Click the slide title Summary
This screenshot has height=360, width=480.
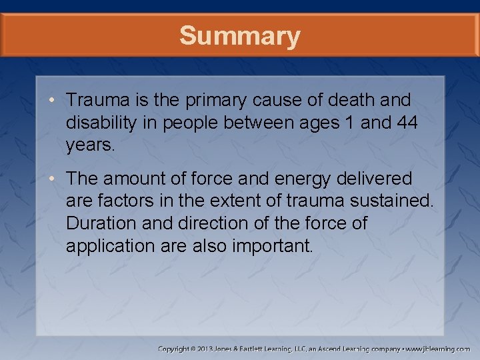click(240, 36)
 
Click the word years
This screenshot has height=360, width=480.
click(90, 146)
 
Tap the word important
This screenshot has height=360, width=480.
click(272, 246)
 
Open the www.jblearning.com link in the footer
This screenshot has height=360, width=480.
click(439, 349)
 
